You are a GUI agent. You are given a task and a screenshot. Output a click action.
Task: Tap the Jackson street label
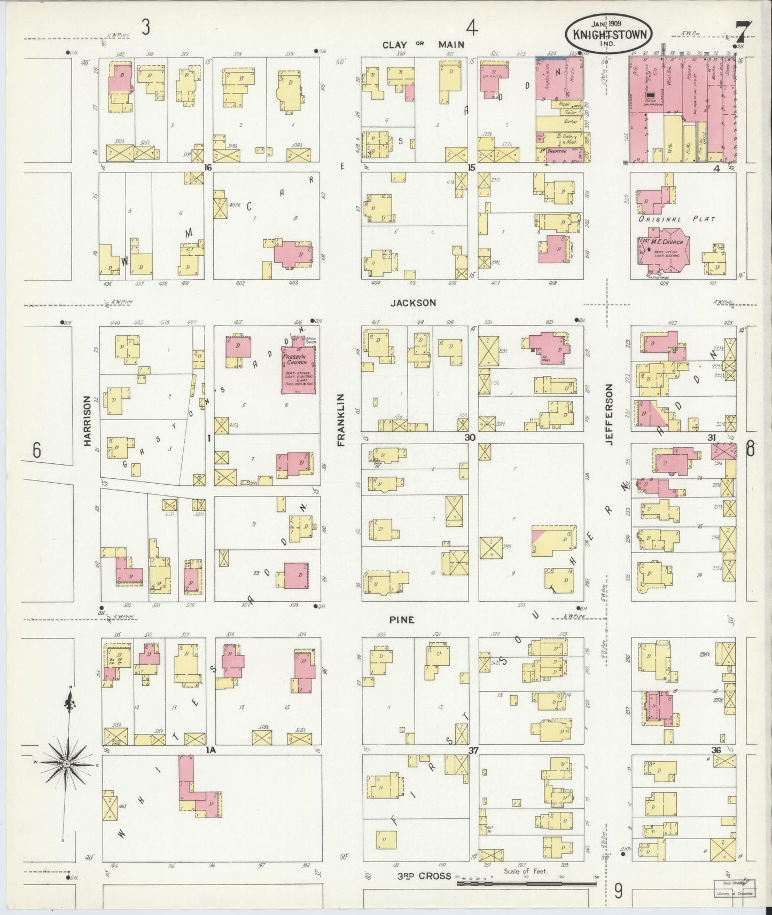pyautogui.click(x=413, y=303)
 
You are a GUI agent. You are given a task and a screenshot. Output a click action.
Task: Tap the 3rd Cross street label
pyautogui.click(x=425, y=876)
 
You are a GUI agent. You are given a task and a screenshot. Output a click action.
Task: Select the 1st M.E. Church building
pyautogui.click(x=664, y=247)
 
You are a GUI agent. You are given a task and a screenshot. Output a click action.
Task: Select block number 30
pyautogui.click(x=470, y=437)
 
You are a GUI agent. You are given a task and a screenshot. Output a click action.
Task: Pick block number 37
pyautogui.click(x=473, y=750)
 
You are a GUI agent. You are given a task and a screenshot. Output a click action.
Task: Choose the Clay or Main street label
pyautogui.click(x=423, y=44)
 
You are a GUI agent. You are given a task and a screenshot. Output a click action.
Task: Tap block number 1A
pyautogui.click(x=210, y=750)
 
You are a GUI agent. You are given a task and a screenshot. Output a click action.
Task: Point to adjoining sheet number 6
pyautogui.click(x=36, y=451)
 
